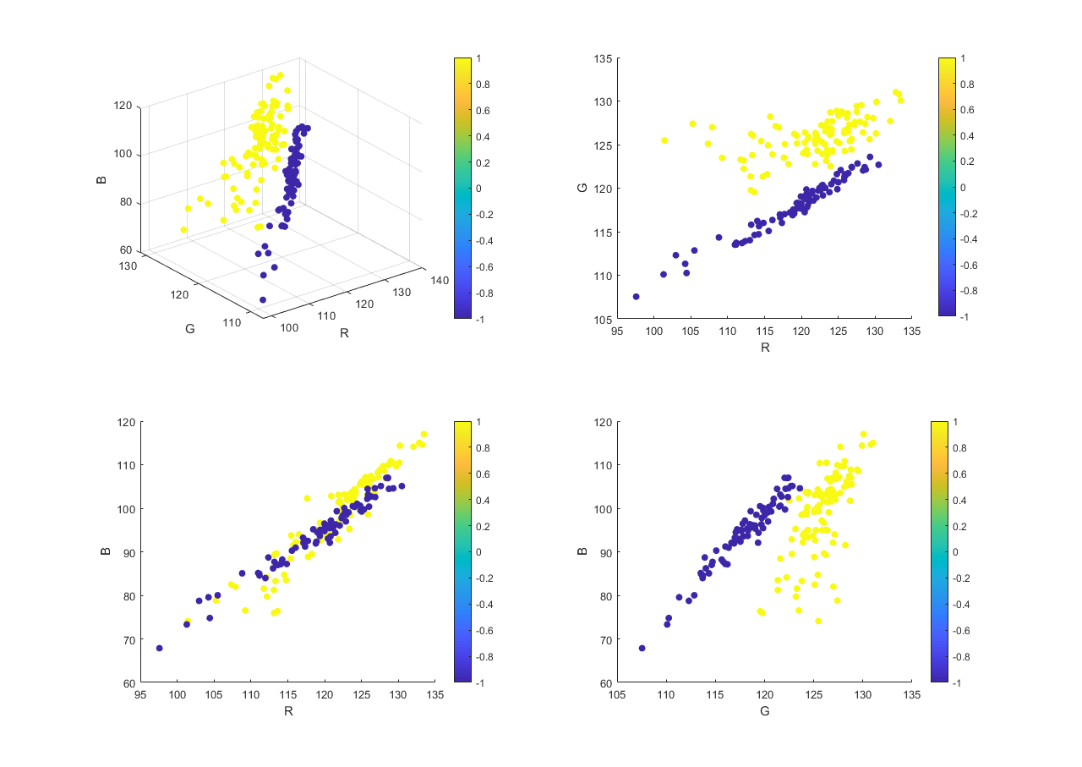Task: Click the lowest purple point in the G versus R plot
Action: pyautogui.click(x=636, y=297)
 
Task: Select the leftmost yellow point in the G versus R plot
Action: pyautogui.click(x=664, y=140)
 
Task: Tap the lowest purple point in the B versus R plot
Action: pyautogui.click(x=159, y=649)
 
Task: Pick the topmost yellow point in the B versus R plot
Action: pyautogui.click(x=424, y=435)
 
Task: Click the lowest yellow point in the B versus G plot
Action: pyautogui.click(x=818, y=621)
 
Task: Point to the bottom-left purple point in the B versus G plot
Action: pyautogui.click(x=642, y=649)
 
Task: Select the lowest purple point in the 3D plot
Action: pyautogui.click(x=263, y=299)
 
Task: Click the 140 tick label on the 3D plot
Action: pyautogui.click(x=438, y=279)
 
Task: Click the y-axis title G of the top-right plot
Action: pyautogui.click(x=582, y=188)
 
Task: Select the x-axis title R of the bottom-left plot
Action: pyautogui.click(x=288, y=711)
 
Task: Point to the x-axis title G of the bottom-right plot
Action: pyautogui.click(x=764, y=711)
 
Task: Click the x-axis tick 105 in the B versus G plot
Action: pyautogui.click(x=618, y=695)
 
